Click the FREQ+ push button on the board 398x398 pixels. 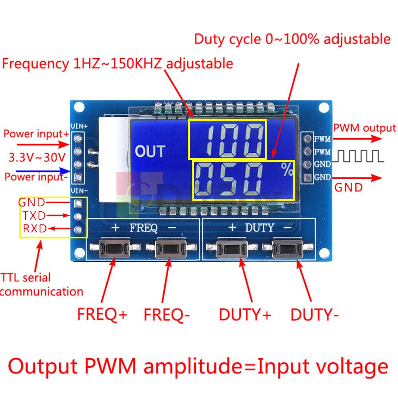(115, 248)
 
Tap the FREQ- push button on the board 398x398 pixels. (172, 248)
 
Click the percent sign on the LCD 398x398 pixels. (287, 170)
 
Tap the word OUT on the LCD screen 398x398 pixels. (150, 151)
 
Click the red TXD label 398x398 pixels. (33, 216)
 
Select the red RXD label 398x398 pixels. (34, 228)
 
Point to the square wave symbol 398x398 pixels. (358, 157)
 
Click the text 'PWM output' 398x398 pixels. (364, 128)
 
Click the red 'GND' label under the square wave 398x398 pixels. (348, 187)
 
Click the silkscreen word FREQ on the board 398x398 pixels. (144, 228)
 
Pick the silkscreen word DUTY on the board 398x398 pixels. (259, 228)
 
